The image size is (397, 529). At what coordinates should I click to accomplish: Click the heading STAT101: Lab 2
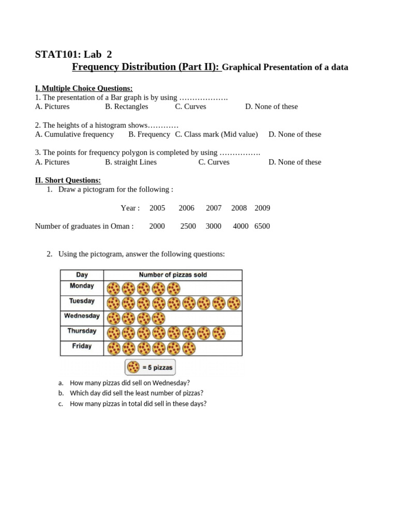[x=73, y=54]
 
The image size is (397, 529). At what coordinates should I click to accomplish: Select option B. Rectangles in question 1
[x=126, y=106]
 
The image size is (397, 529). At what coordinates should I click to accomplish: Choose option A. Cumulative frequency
[x=74, y=134]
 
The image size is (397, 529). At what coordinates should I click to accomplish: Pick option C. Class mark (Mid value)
[x=216, y=134]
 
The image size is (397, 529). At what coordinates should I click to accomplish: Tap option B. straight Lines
[x=131, y=162]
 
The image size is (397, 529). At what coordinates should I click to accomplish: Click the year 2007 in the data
[x=213, y=208]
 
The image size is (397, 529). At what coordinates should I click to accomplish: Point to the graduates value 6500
[x=262, y=226]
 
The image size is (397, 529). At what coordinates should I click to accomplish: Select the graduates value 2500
[x=188, y=226]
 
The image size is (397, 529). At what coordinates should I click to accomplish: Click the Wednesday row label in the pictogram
[x=82, y=316]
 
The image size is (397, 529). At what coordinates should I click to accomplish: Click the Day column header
[x=82, y=275]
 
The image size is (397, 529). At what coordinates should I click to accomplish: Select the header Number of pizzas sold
[x=173, y=275]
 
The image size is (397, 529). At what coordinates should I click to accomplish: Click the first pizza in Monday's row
[x=113, y=288]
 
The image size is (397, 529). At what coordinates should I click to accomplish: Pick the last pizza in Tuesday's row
[x=234, y=303]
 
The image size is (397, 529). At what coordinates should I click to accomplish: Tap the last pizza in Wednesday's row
[x=159, y=318]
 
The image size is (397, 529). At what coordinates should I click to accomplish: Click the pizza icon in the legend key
[x=133, y=367]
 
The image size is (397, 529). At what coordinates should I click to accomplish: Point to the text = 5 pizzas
[x=157, y=368]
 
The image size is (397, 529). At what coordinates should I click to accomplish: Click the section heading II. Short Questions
[x=68, y=180]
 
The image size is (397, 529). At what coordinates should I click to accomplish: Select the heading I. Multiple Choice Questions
[x=84, y=88]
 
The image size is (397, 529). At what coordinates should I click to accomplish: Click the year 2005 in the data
[x=157, y=208]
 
